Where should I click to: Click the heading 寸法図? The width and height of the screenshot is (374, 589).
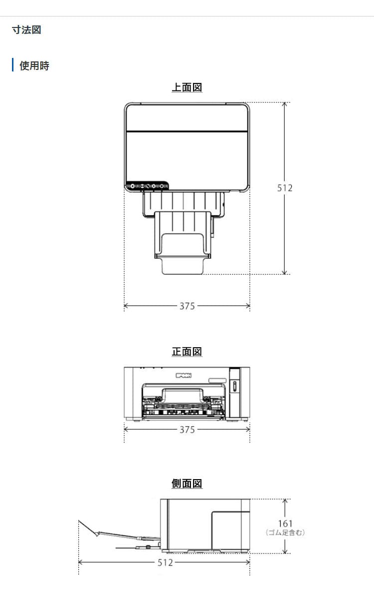click(26, 29)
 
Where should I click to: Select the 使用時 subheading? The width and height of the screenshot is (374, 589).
click(34, 65)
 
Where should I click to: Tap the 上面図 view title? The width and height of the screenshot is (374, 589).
click(187, 87)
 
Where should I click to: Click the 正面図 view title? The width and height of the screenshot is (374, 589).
click(187, 352)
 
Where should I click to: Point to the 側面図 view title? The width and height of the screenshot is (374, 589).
click(187, 484)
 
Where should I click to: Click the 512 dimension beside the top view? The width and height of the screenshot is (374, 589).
click(285, 188)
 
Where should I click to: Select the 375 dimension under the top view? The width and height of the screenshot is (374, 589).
click(187, 306)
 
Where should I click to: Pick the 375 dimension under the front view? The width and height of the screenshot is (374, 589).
click(187, 429)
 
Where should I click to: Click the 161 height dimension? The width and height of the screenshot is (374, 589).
click(285, 523)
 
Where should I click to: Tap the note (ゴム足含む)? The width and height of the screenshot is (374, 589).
click(285, 532)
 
